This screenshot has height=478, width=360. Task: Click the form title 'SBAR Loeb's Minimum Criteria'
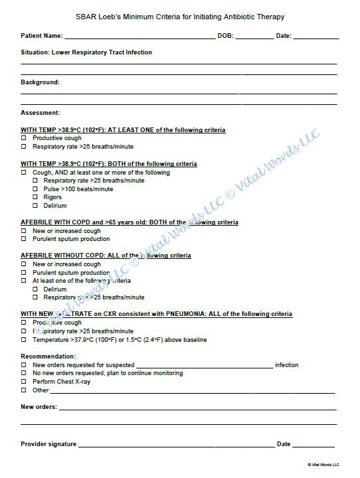(179, 17)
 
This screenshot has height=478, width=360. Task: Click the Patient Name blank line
(139, 36)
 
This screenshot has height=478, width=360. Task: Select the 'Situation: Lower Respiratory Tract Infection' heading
(86, 52)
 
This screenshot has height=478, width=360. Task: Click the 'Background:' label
(40, 82)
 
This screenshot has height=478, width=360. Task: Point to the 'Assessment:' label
(40, 113)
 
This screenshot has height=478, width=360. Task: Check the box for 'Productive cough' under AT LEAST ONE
(24, 138)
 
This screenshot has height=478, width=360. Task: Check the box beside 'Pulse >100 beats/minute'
(35, 189)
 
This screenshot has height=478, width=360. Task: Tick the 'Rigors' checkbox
(35, 198)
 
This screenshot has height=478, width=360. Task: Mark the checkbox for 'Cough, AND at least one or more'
(24, 173)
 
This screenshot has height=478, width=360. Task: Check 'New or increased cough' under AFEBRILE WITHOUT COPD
(24, 264)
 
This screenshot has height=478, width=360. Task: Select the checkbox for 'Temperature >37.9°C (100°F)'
(24, 340)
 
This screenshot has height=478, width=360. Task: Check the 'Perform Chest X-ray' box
(24, 382)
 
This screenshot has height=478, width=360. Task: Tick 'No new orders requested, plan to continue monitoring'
(24, 373)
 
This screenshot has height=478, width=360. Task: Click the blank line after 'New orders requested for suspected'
(205, 366)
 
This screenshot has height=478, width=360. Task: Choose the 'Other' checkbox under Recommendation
(24, 390)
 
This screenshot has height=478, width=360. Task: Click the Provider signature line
(176, 444)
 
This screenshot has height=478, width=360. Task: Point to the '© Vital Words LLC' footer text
(323, 465)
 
